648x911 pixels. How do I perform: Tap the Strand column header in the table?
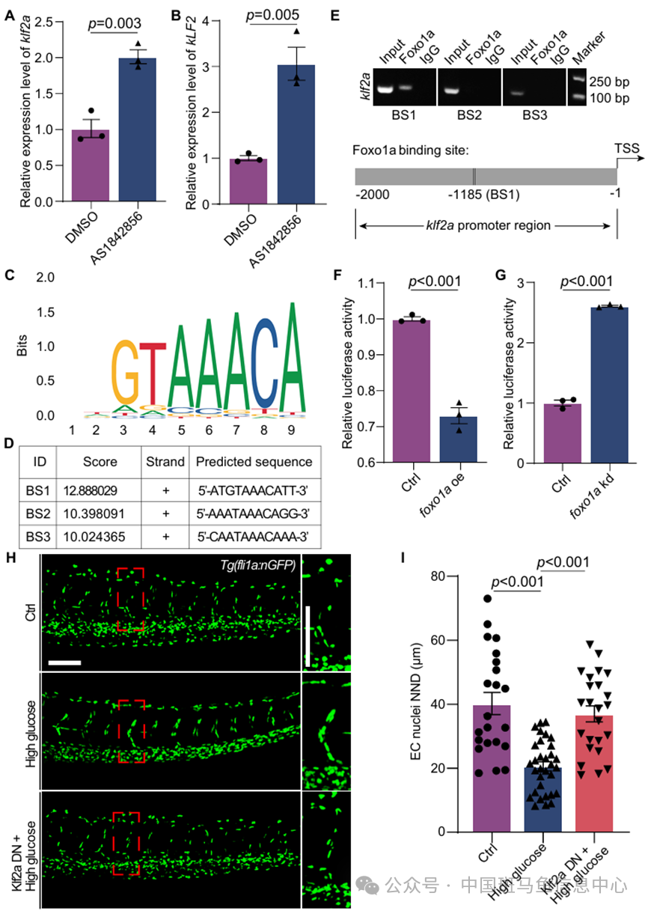(x=165, y=461)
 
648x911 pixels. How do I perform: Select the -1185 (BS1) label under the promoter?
(x=473, y=195)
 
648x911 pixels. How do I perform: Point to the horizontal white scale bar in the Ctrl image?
(x=65, y=662)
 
